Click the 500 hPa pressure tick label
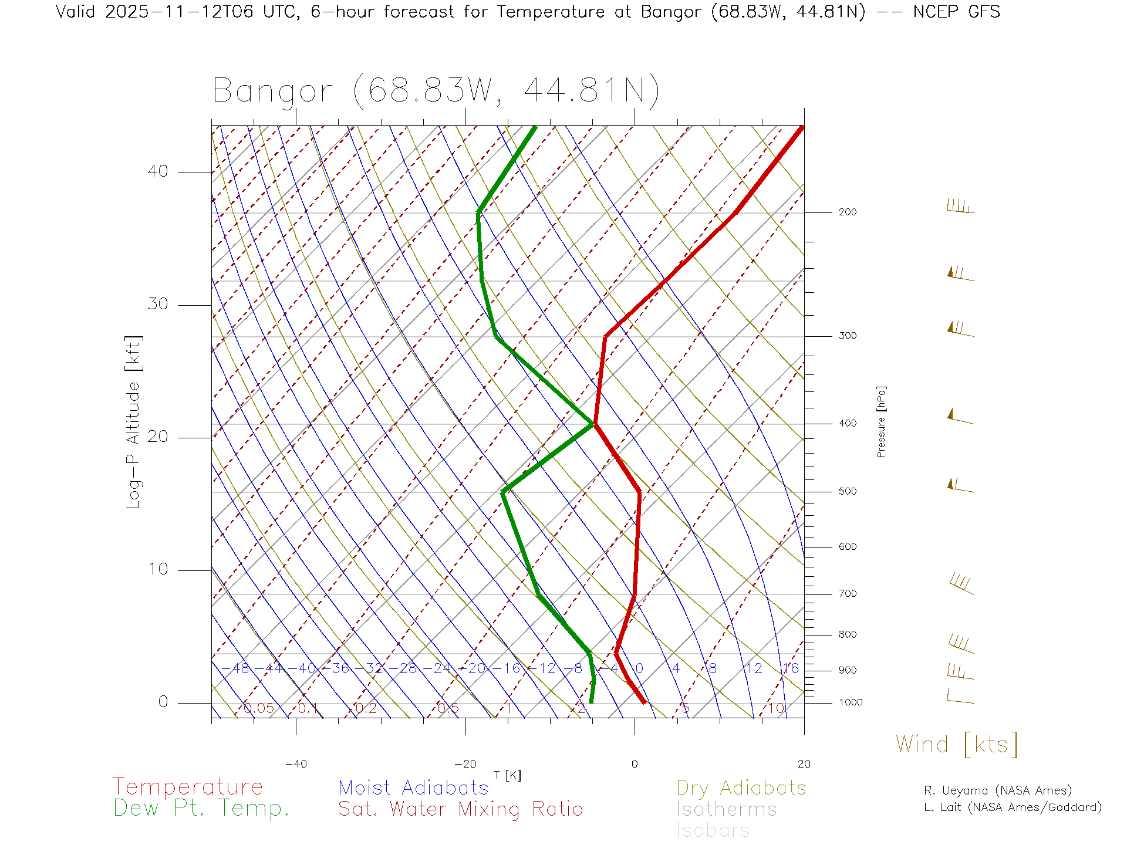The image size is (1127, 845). coord(847,491)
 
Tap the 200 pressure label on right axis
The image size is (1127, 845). coord(847,212)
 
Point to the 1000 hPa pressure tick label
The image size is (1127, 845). coord(851,702)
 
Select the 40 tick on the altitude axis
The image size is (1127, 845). coord(157,171)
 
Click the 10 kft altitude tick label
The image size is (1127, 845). coord(157,569)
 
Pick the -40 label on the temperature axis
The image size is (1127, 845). coord(296,764)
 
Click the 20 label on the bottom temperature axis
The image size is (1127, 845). coord(804,764)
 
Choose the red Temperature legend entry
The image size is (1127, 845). coord(187,786)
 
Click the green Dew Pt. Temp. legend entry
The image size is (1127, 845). coord(201,809)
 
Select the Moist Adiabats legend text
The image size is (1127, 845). coord(413,787)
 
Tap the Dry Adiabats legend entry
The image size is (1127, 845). coord(741,787)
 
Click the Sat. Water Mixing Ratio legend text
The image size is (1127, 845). coord(460,809)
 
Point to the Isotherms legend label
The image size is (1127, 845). coord(726,809)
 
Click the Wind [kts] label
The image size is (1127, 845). coord(956,745)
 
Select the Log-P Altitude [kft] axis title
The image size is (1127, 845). coord(133,422)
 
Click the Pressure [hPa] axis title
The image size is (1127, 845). coord(881,421)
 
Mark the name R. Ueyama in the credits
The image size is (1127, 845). coord(958,790)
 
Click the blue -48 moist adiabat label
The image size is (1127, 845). coord(237,668)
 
